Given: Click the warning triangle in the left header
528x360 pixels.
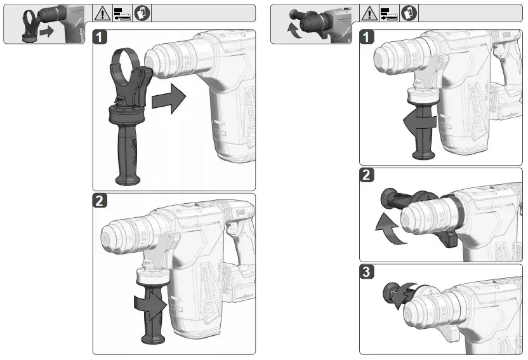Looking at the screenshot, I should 102,13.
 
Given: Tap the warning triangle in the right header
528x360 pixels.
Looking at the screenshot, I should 369,13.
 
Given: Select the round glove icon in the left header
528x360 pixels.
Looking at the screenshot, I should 129,13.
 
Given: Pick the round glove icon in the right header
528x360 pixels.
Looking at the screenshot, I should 396,13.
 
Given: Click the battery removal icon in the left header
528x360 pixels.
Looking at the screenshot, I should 115,13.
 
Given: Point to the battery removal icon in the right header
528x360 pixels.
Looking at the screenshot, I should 383,13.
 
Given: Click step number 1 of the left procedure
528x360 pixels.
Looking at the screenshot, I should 100,37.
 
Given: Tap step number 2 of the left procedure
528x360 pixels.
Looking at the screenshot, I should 100,201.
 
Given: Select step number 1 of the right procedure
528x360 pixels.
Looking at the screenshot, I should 367,37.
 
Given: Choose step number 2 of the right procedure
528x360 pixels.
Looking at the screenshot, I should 367,177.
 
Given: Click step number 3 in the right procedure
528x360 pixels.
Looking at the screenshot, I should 367,274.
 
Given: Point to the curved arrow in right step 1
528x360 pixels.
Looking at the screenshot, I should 418,120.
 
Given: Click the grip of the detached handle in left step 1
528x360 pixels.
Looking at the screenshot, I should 124,152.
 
